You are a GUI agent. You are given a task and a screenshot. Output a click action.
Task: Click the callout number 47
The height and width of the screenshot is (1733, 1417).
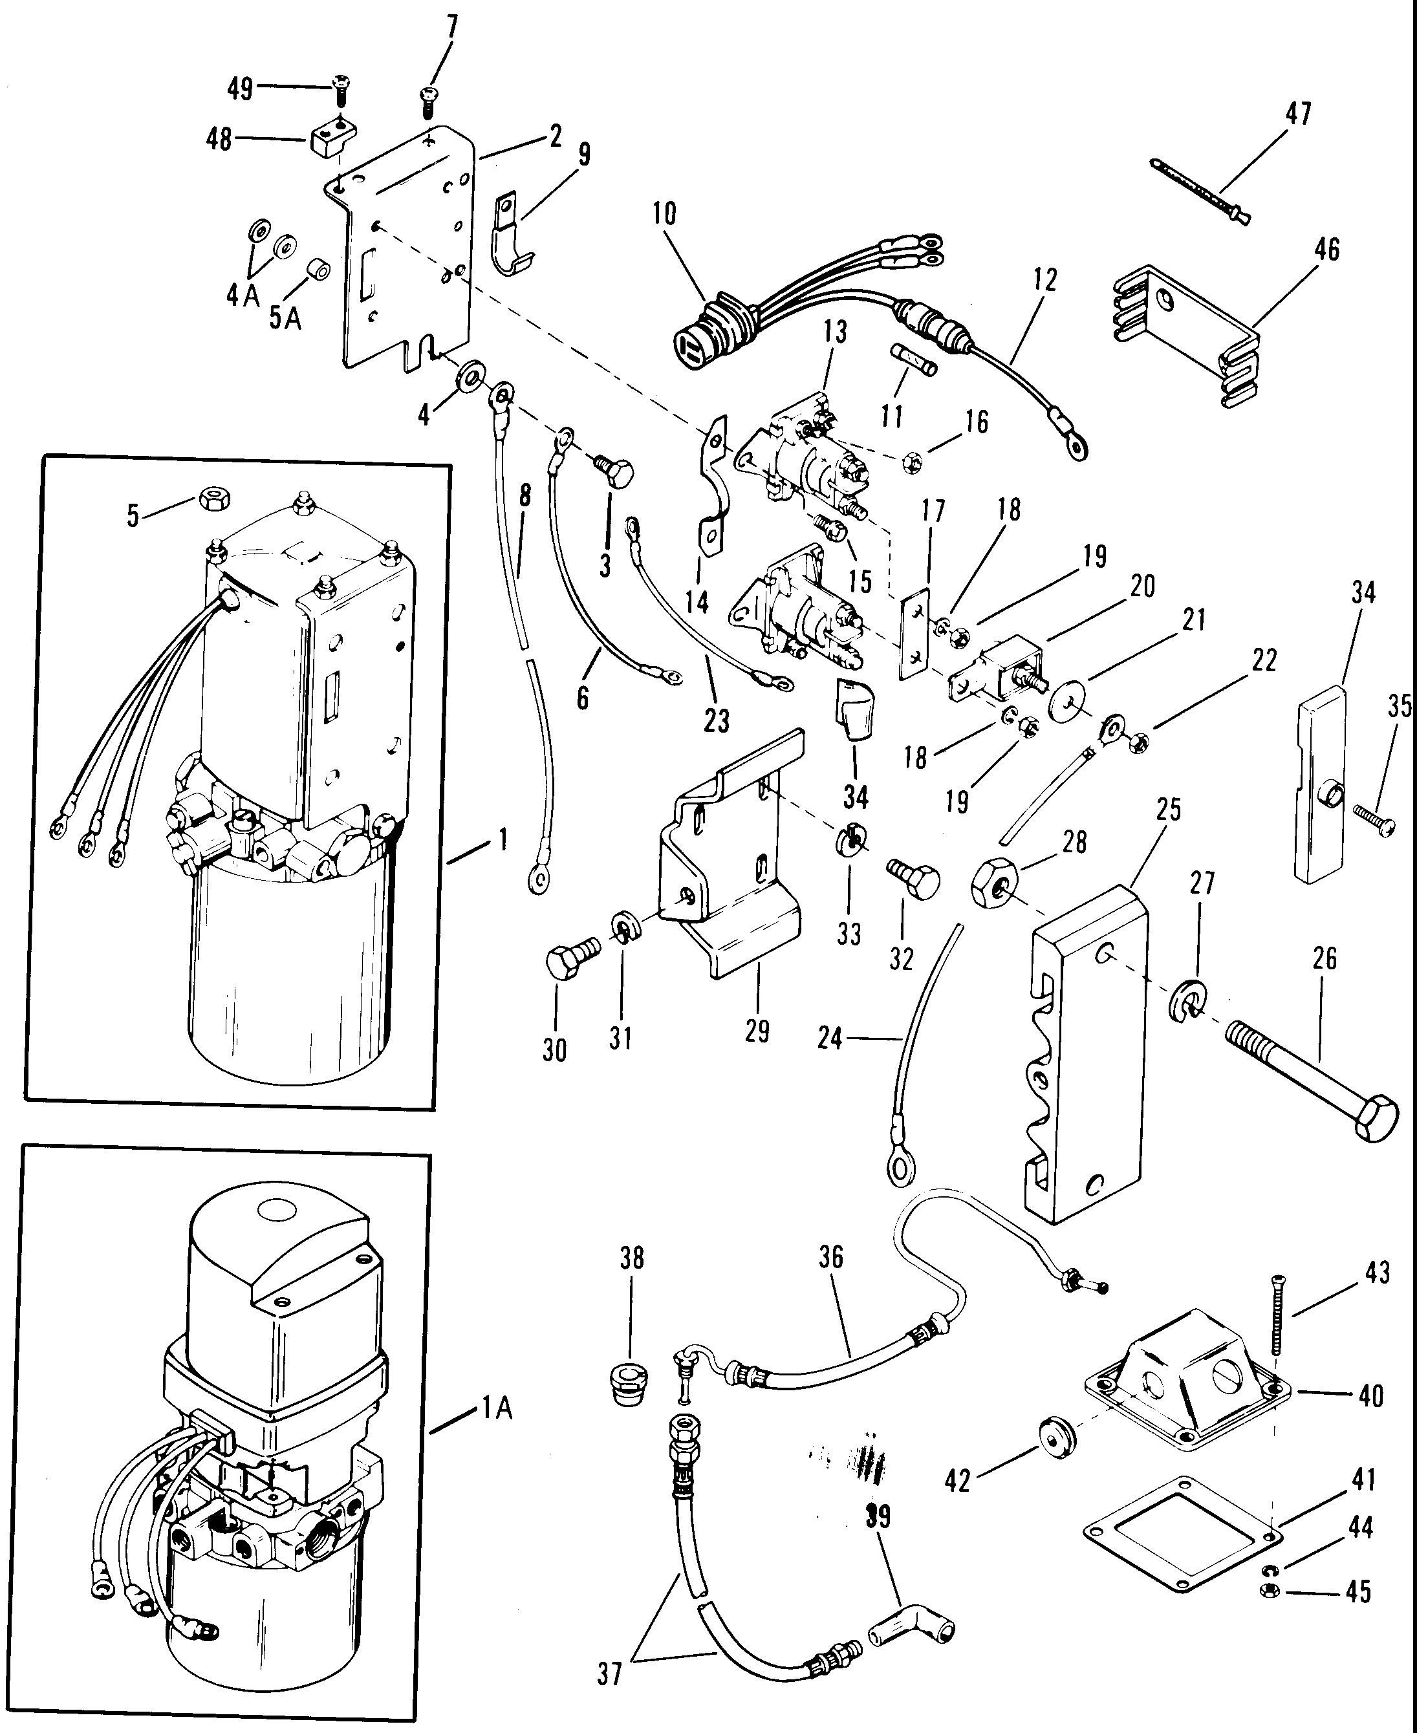tap(1298, 112)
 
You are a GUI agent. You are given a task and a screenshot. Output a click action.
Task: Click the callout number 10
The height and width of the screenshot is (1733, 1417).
tap(664, 214)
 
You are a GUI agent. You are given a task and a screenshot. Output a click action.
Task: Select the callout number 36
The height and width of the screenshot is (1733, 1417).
tap(831, 1257)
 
